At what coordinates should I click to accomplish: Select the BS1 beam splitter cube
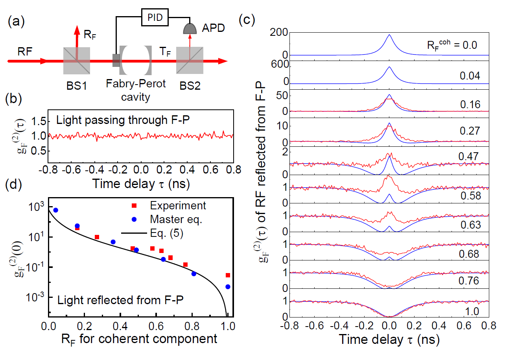77,61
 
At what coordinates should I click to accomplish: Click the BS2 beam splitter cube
190,61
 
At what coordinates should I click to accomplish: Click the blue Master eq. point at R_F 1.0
227,287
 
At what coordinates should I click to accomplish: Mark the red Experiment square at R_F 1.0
228,275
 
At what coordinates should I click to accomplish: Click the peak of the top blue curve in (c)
389,35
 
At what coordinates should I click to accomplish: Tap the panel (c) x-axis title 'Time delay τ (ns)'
389,338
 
